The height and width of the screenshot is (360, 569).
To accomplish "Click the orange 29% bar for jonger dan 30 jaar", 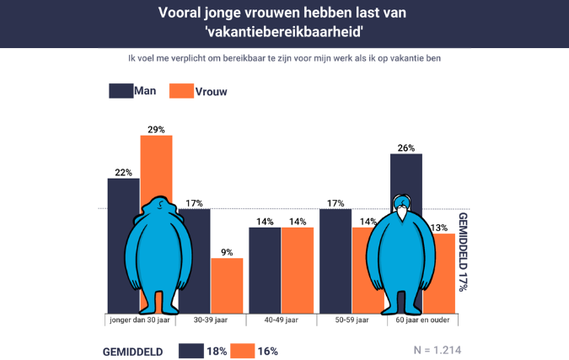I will [x=156, y=169].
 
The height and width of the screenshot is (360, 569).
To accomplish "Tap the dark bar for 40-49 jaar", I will [x=264, y=270].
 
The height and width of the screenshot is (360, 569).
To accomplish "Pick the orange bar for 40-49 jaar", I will [x=298, y=270].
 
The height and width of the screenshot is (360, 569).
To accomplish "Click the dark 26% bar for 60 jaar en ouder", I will [x=406, y=177].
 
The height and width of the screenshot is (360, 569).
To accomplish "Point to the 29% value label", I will [x=156, y=129].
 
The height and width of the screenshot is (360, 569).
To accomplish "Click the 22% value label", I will [x=124, y=172].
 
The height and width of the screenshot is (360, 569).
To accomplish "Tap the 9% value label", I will [x=226, y=251].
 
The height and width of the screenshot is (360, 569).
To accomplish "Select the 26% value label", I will [x=406, y=148].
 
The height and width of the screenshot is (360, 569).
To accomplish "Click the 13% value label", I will [x=438, y=228].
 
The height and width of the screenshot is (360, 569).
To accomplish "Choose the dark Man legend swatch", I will [x=120, y=91].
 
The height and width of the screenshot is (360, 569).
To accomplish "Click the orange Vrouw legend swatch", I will [x=181, y=91].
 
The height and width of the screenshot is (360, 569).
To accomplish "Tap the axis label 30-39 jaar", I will [x=211, y=321].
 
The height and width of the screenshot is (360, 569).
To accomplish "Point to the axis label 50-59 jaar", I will [x=352, y=321].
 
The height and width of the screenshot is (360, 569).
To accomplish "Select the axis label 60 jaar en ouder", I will [x=421, y=321].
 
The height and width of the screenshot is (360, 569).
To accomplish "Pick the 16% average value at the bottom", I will [x=267, y=351].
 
